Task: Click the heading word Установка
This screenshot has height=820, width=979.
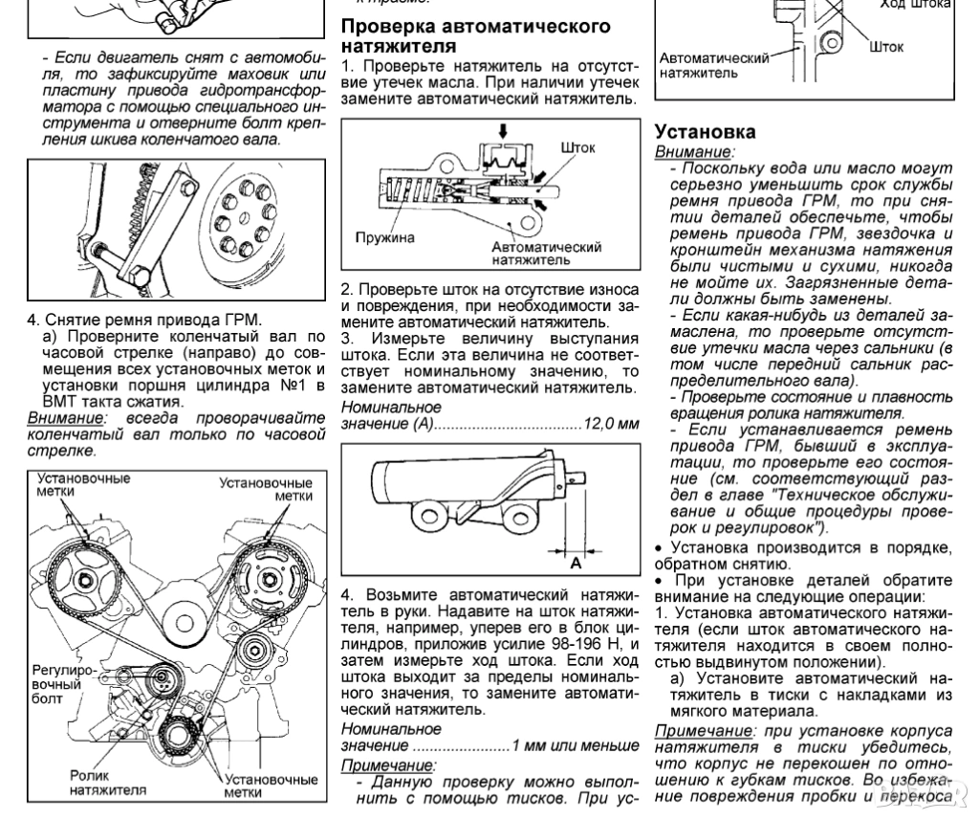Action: (705, 131)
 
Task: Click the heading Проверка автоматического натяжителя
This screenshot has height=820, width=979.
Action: (475, 35)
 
